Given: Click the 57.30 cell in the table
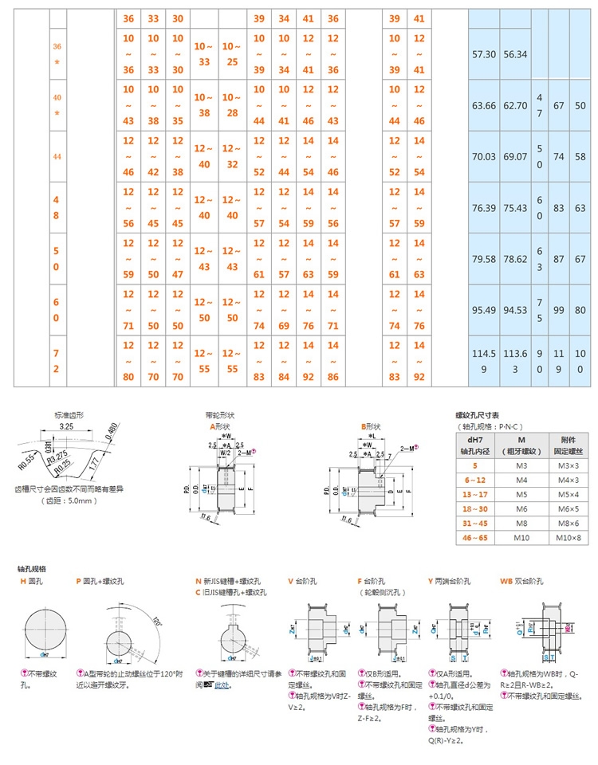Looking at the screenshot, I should coord(485,54).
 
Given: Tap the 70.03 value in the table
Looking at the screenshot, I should coord(485,157).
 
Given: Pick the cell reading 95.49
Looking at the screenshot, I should coord(485,310).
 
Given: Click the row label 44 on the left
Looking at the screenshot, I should coord(57,157).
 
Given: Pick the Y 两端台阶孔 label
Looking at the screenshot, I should coord(454,581).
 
